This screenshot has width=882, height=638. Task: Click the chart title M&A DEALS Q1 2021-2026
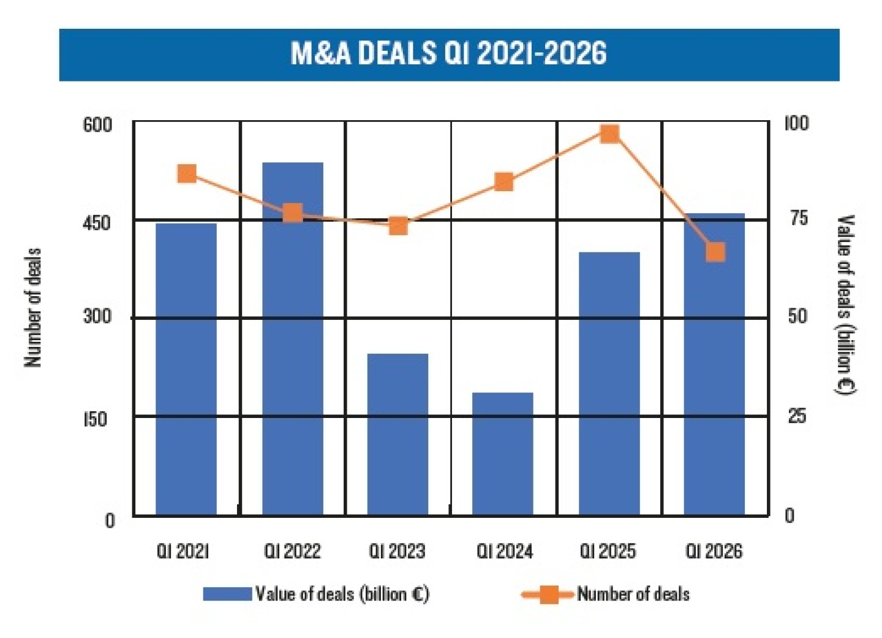click(x=448, y=54)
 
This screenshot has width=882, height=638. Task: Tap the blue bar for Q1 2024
click(x=503, y=454)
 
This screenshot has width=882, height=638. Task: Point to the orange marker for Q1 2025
click(x=609, y=134)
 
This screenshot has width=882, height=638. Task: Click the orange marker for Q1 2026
click(x=715, y=252)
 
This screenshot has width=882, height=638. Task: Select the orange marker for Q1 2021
click(x=187, y=174)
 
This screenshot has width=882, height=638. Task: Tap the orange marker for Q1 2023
click(x=398, y=226)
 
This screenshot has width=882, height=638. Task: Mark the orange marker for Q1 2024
click(x=503, y=182)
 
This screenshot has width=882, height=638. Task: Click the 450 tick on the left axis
click(x=97, y=222)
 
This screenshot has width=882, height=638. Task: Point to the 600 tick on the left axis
click(x=97, y=124)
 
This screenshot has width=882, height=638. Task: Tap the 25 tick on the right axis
click(x=797, y=417)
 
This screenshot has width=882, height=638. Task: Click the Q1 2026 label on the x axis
click(x=714, y=551)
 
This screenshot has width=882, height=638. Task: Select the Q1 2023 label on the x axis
click(x=397, y=551)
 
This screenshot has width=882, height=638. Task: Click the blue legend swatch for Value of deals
click(x=227, y=594)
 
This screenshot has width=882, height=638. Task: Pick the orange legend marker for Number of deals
click(x=549, y=594)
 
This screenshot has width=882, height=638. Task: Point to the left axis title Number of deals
click(x=33, y=308)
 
